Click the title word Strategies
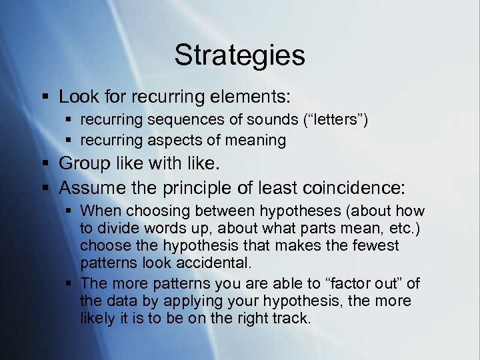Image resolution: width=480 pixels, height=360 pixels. (x=239, y=55)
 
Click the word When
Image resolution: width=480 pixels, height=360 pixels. (x=101, y=211)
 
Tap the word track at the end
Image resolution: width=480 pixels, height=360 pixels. (x=290, y=319)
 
